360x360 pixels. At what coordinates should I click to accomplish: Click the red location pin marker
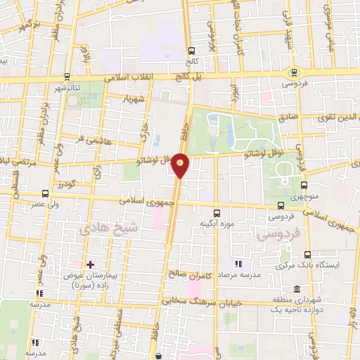[x=181, y=165]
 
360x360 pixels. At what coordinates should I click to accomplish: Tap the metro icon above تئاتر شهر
[x=67, y=77]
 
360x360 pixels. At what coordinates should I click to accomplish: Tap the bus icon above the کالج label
[x=191, y=50]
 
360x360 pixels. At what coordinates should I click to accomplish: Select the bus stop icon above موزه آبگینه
[x=217, y=212]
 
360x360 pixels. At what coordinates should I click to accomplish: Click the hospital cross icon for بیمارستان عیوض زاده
[x=89, y=264]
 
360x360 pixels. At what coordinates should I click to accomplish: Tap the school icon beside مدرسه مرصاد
[x=238, y=264]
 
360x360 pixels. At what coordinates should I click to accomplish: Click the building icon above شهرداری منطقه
[x=297, y=290]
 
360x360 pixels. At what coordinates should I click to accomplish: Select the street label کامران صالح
[x=186, y=271]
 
